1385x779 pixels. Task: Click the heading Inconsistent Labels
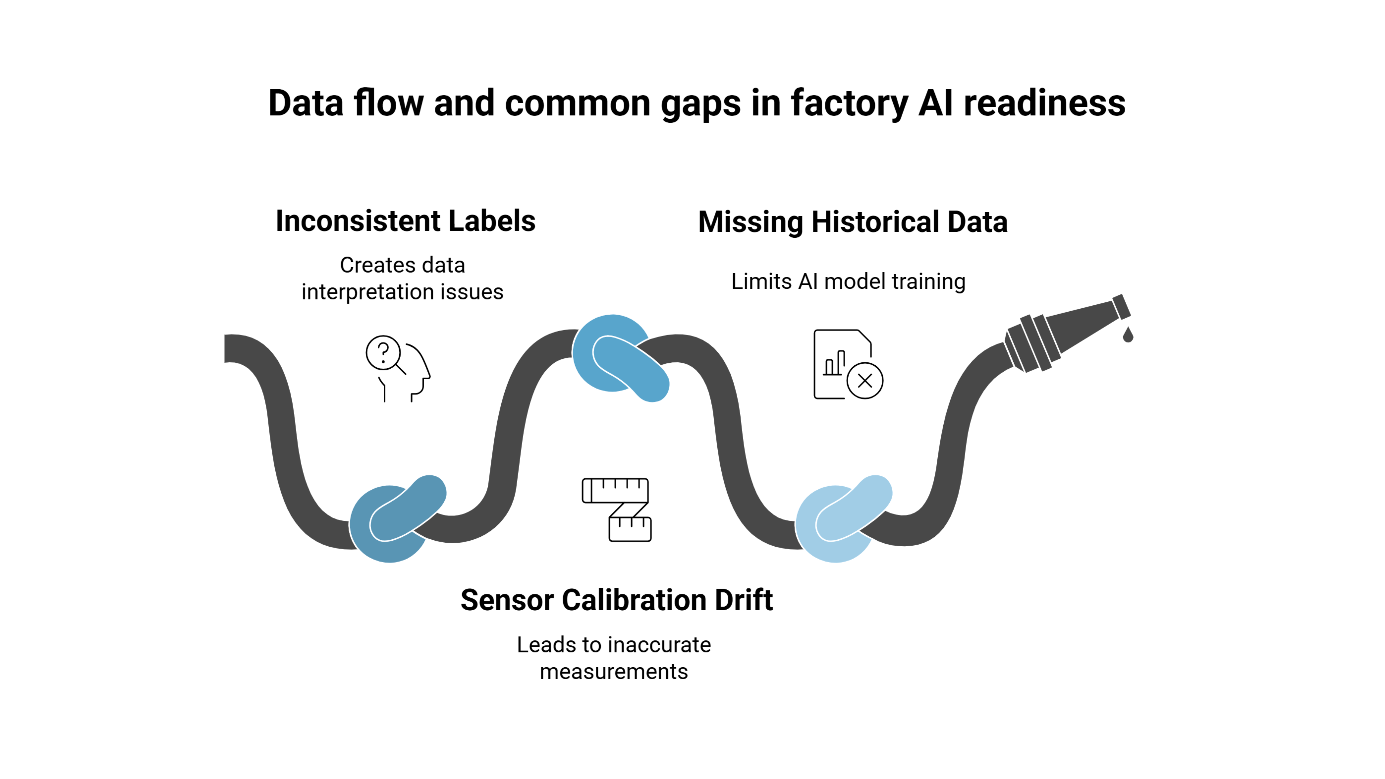405,221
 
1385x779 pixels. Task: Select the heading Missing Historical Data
853,222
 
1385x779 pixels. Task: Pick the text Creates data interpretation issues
402,279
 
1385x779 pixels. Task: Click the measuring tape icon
617,509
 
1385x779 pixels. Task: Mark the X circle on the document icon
864,381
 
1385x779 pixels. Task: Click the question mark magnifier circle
383,353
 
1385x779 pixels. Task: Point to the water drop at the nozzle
1128,335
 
